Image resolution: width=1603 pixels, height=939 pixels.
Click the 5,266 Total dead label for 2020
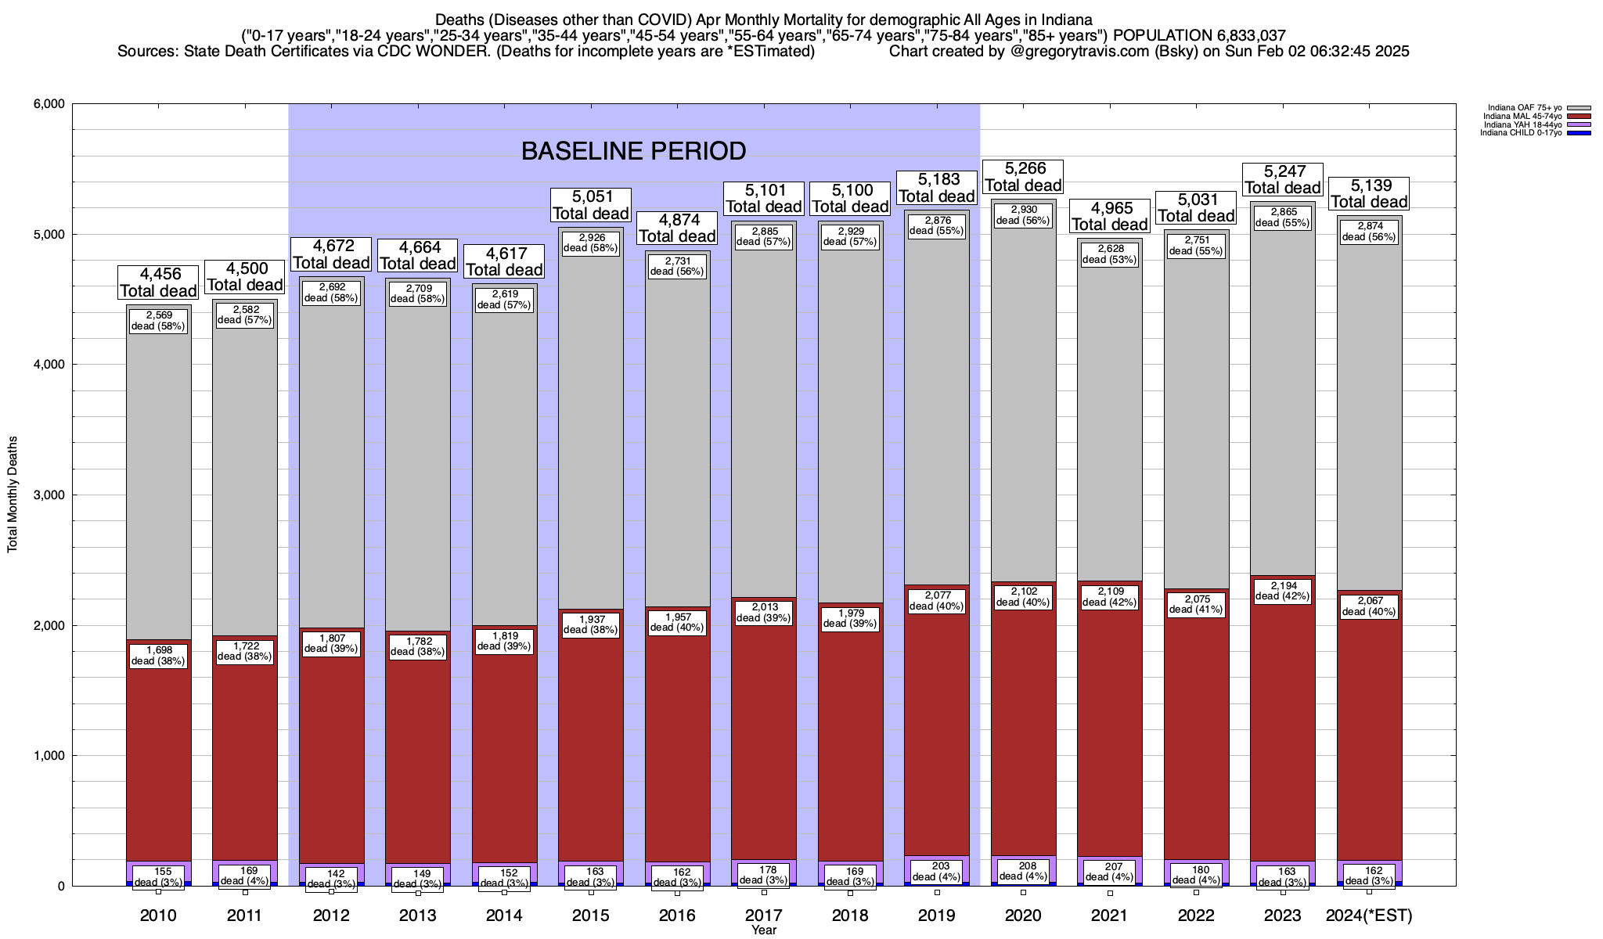[x=1023, y=177]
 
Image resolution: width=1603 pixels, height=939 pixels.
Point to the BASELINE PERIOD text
[x=633, y=150]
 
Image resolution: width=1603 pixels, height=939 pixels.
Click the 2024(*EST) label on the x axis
[x=1369, y=916]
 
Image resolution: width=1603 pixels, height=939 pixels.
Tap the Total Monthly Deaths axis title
[x=13, y=495]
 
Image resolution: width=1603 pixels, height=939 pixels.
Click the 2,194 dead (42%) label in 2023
[x=1283, y=591]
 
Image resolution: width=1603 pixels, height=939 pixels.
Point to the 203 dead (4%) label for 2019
[x=937, y=871]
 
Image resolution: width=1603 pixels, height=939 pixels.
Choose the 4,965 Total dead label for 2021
[x=1110, y=217]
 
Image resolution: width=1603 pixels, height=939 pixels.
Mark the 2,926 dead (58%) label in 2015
[x=591, y=243]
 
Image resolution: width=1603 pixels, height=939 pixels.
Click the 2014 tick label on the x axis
[x=504, y=916]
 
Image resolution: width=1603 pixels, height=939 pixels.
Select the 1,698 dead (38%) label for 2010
[x=158, y=656]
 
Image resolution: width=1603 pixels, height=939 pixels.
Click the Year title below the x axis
[x=763, y=930]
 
